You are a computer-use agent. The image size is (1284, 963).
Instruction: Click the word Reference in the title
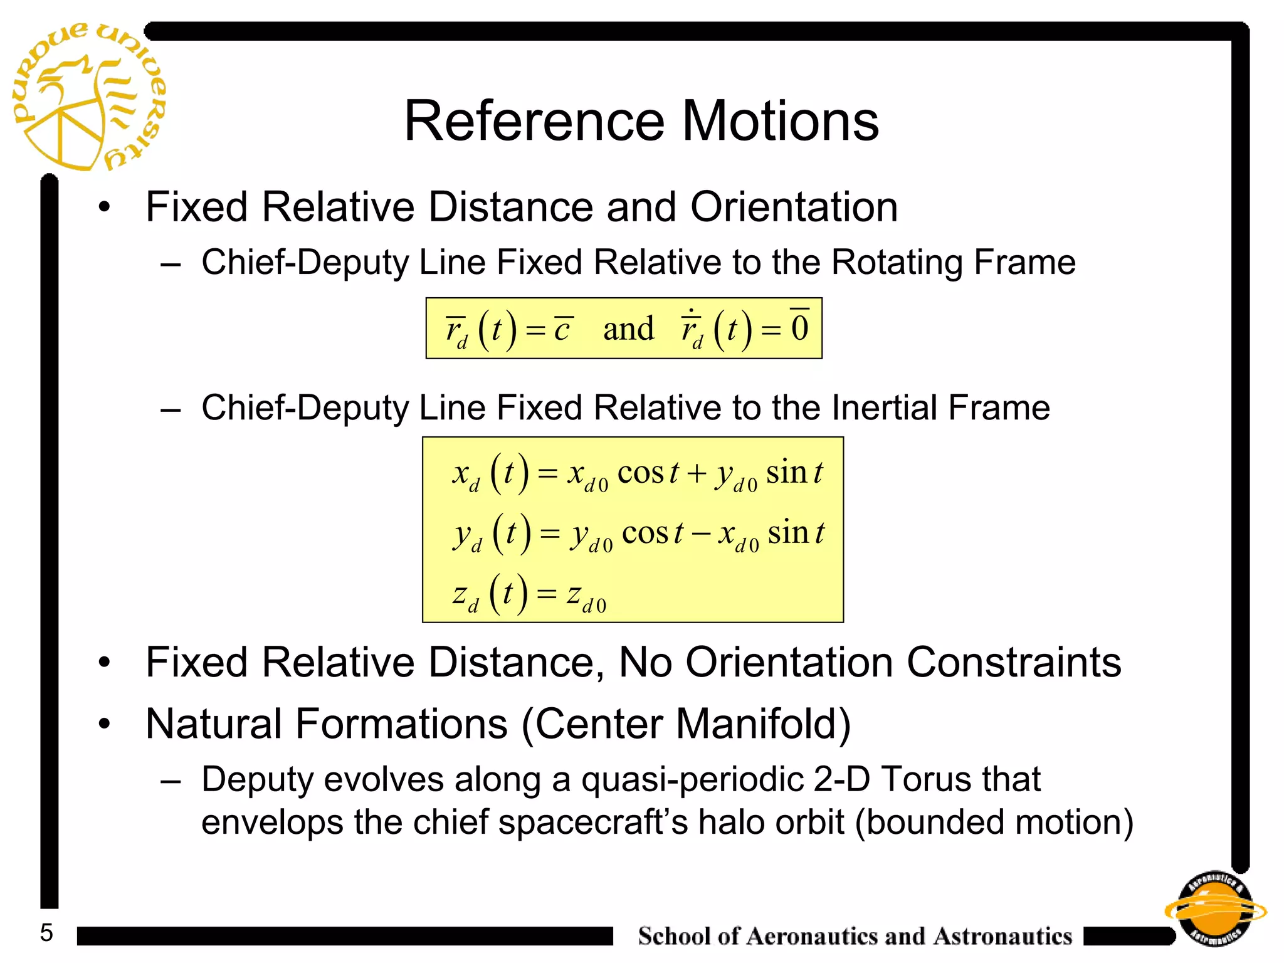pyautogui.click(x=534, y=121)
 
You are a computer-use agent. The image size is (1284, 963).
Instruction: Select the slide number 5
pyautogui.click(x=46, y=933)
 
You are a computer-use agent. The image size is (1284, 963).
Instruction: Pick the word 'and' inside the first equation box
pyautogui.click(x=628, y=329)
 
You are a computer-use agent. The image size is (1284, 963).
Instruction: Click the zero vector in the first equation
pyautogui.click(x=799, y=327)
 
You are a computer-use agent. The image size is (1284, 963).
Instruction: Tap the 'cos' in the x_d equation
pyautogui.click(x=640, y=473)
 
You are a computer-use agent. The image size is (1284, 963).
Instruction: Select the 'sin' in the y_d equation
pyautogui.click(x=787, y=533)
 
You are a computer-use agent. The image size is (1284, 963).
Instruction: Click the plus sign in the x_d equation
pyautogui.click(x=697, y=473)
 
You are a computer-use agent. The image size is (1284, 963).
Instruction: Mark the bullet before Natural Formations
pyautogui.click(x=104, y=724)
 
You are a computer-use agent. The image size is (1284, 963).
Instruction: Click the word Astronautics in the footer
pyautogui.click(x=1002, y=936)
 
